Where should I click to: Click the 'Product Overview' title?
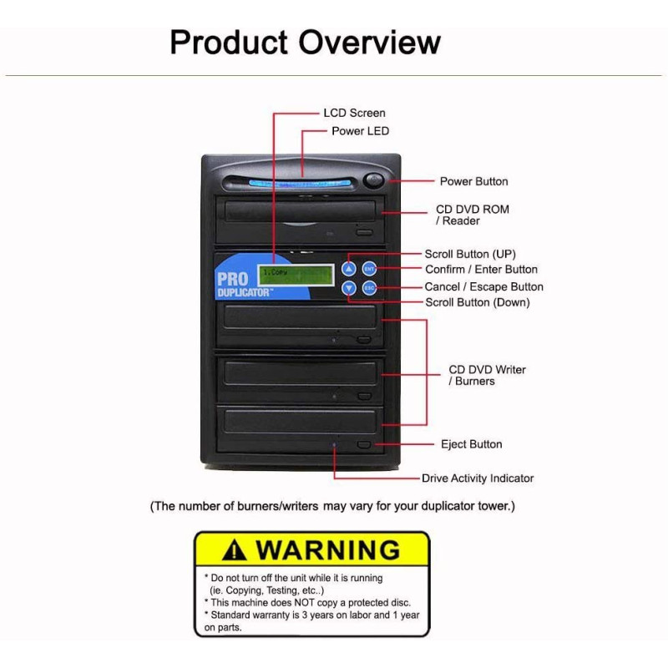click(305, 41)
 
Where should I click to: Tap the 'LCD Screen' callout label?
click(354, 113)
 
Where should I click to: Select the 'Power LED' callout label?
click(360, 131)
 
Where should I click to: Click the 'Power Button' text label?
click(473, 181)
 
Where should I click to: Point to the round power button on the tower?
click(373, 180)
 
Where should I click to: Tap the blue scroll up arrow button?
click(350, 269)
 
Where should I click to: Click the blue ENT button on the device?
click(369, 269)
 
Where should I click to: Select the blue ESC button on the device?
click(369, 288)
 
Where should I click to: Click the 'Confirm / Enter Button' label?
click(481, 270)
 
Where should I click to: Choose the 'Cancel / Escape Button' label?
click(483, 286)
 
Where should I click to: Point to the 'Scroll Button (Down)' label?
click(478, 302)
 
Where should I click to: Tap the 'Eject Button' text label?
click(471, 444)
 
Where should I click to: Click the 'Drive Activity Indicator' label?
click(477, 478)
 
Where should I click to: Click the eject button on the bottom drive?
click(363, 444)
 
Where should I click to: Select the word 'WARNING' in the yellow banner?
click(327, 551)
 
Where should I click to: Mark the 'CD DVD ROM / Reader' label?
click(472, 215)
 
